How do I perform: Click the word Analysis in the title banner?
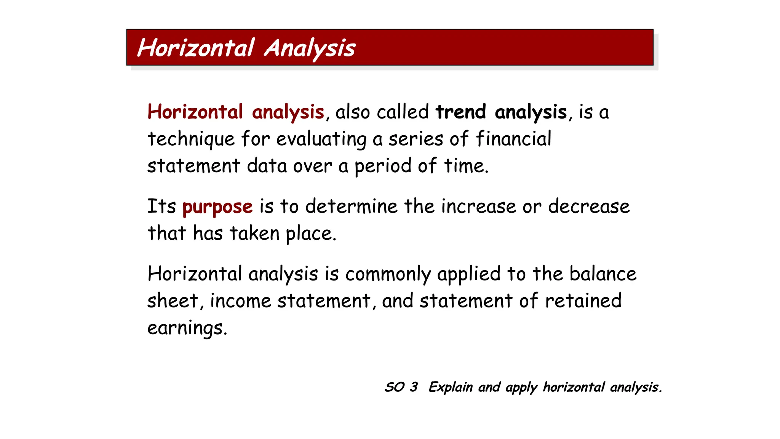click(310, 48)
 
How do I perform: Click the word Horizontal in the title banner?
click(195, 48)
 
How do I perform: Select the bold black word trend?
click(461, 112)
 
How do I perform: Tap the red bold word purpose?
click(217, 207)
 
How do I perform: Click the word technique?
click(191, 139)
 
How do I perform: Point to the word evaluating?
click(321, 139)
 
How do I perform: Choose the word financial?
click(513, 138)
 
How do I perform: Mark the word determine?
click(351, 207)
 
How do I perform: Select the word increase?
click(478, 207)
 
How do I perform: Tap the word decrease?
click(589, 207)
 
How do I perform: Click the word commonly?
click(388, 274)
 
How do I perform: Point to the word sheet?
click(173, 301)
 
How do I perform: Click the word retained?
click(583, 301)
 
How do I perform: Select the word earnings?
click(187, 328)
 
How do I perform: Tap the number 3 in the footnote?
click(414, 387)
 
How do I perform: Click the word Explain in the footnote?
click(451, 388)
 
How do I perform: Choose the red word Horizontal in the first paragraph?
click(195, 112)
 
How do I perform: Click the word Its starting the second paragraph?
click(161, 207)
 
